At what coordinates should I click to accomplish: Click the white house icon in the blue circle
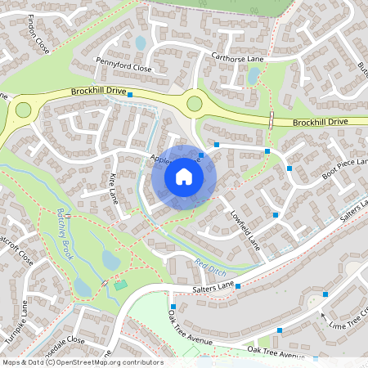point(184,177)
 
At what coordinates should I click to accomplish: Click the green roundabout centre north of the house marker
point(194,103)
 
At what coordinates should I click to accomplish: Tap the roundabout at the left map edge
point(23,109)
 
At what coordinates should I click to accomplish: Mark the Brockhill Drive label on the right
point(320,121)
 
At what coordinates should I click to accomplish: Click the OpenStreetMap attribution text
point(83,362)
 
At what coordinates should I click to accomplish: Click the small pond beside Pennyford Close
point(140,43)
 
